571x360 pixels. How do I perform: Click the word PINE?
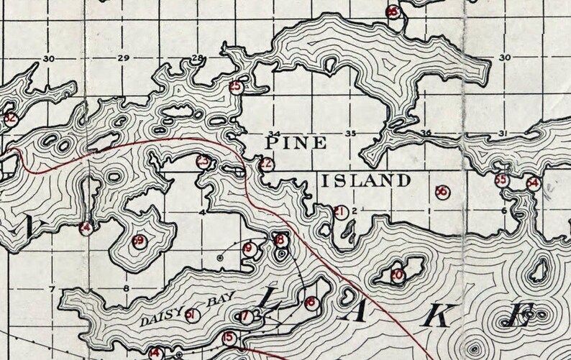click(x=286, y=143)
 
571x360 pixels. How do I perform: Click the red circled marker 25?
click(x=235, y=87)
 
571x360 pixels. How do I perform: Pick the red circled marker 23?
click(x=204, y=161)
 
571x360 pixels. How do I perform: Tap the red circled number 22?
click(x=266, y=164)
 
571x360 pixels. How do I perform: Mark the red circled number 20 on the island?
click(x=397, y=274)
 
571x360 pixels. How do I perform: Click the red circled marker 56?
click(x=442, y=191)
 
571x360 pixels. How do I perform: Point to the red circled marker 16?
click(x=310, y=303)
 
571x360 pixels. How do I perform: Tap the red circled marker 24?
click(x=86, y=229)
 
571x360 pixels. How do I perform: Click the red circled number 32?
click(x=9, y=119)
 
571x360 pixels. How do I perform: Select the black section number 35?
click(x=351, y=134)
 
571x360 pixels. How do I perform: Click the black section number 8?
click(x=127, y=290)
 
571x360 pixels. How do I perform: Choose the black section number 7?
click(x=52, y=290)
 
